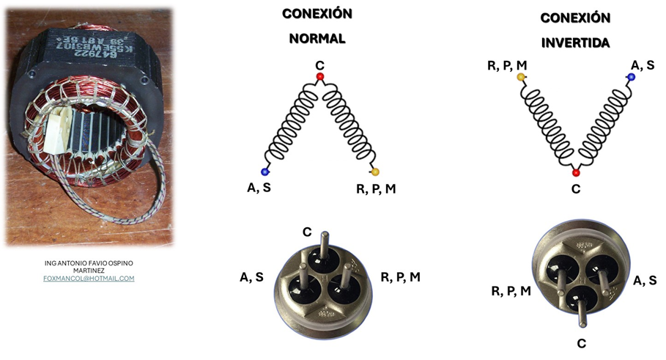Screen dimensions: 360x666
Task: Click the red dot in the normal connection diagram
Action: point(319,76)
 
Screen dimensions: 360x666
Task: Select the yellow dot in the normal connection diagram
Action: point(375,172)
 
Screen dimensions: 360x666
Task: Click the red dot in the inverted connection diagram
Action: point(576,172)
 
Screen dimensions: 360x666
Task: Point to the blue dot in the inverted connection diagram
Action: point(631,76)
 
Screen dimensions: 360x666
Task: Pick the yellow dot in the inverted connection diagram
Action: point(521,77)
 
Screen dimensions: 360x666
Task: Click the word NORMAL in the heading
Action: point(317,38)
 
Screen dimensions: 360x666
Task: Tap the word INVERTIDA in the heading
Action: point(575,43)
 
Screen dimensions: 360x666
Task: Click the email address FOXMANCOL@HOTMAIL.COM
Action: point(89,279)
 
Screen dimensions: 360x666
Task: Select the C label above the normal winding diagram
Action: point(319,66)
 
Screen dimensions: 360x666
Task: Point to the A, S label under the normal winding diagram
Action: point(259,188)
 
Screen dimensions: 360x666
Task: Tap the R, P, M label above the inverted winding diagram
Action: point(507,66)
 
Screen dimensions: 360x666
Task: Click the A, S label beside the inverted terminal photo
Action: point(644,279)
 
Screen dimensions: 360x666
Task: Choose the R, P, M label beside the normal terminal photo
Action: point(401,277)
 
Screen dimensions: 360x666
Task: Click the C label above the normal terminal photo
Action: point(308,232)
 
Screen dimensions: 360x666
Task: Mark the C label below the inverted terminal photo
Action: point(581,342)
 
